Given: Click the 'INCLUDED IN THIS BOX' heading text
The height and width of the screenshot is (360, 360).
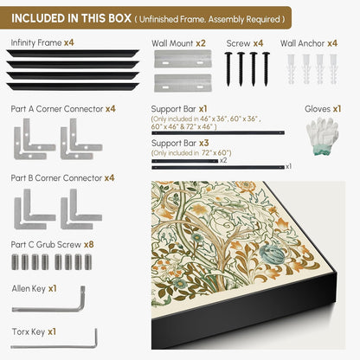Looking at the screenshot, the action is tap(71, 18).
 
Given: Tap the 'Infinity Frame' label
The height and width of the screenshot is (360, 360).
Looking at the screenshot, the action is tap(36, 43).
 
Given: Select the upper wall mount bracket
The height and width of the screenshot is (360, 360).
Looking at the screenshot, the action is tap(183, 59).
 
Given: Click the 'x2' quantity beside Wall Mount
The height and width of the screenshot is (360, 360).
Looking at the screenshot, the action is tap(201, 43).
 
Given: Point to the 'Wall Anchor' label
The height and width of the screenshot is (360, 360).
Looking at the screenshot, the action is tap(302, 43).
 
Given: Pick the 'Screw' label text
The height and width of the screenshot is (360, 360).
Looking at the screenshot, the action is tap(238, 43).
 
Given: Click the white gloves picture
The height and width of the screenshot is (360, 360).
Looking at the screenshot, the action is tap(322, 136).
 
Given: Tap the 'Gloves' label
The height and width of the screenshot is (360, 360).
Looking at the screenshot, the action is tap(318, 109).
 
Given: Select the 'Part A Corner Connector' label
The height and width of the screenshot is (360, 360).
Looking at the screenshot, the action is tap(57, 109).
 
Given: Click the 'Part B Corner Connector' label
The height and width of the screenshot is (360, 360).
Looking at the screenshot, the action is tap(56, 178).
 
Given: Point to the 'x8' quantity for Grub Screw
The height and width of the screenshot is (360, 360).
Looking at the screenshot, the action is tap(89, 245).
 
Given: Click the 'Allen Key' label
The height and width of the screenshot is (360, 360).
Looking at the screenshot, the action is tap(29, 289).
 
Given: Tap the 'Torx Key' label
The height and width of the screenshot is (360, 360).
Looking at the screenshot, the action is tap(29, 332).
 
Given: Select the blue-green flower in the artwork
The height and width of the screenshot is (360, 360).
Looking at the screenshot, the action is tap(273, 254).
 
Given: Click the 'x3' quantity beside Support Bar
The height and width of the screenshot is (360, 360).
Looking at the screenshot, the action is tap(203, 143).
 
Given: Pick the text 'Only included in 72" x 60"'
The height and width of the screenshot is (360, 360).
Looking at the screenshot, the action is tap(192, 153).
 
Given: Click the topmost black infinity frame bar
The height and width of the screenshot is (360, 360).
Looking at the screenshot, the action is tap(73, 54).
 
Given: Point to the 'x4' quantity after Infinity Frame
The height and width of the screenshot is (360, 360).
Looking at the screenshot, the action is tap(69, 43).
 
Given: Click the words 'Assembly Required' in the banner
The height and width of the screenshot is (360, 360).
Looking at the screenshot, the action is tap(244, 20).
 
